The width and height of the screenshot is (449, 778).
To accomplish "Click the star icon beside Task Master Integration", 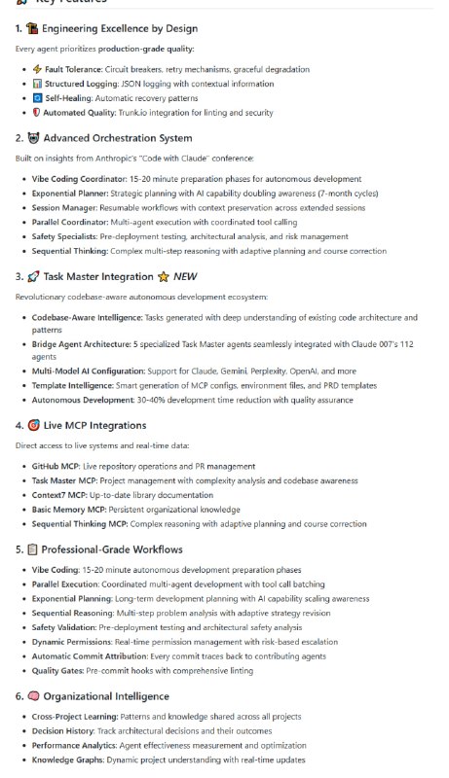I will click(164, 277).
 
